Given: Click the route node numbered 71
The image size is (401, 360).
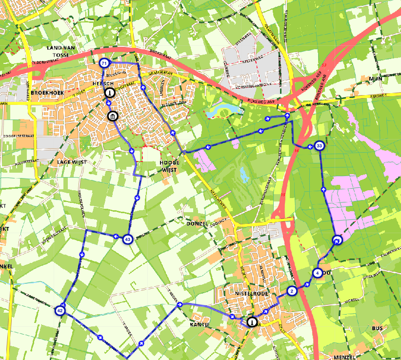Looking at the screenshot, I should coord(104,63).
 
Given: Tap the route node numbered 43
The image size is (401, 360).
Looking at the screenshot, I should coord(128,239).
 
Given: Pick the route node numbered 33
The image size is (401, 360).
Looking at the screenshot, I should coord(319,146).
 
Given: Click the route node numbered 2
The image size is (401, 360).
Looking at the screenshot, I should coord(292,291).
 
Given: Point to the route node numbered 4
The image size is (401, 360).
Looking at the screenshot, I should coord(318,273).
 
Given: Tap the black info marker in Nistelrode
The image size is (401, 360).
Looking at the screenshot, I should coord(252,322).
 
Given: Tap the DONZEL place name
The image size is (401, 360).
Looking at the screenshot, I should coord(198,223).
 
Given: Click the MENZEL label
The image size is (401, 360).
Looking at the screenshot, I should coord(345,357).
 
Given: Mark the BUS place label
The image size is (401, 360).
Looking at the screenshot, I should coord(377,328).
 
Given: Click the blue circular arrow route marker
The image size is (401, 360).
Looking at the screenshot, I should coord(337,240).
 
